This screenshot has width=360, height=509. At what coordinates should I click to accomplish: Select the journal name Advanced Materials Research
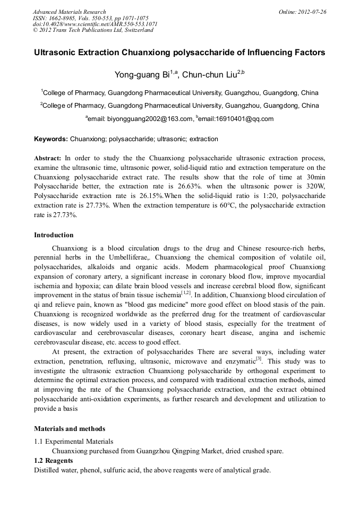[69, 11]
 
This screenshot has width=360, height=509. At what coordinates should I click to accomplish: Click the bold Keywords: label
[51, 139]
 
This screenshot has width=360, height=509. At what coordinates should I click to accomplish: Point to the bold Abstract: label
[48, 158]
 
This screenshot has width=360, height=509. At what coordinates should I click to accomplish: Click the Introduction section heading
[54, 235]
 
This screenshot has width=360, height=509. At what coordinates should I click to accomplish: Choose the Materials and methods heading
[70, 429]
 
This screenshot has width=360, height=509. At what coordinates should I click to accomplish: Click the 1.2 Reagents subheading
[54, 461]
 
